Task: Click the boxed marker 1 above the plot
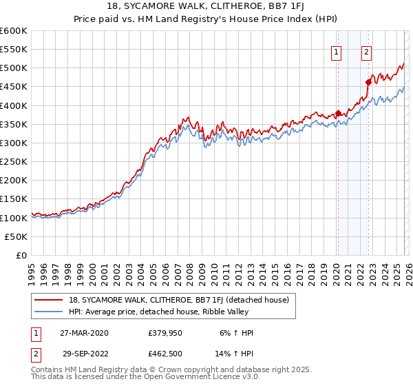337,52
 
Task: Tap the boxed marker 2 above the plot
367,52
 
